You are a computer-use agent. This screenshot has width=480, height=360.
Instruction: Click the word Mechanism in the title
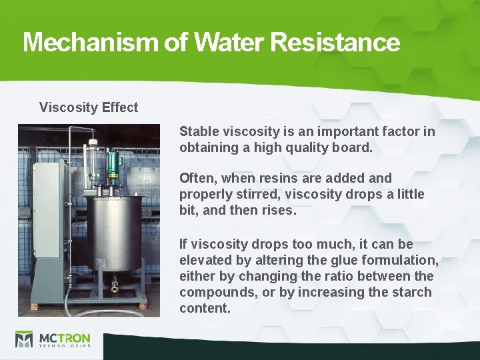(x=89, y=43)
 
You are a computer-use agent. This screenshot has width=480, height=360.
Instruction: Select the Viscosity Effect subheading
(x=89, y=107)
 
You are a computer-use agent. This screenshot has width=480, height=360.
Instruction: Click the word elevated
(x=205, y=260)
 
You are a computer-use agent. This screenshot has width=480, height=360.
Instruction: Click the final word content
(x=204, y=308)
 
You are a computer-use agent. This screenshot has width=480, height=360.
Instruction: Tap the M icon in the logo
(x=24, y=339)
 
